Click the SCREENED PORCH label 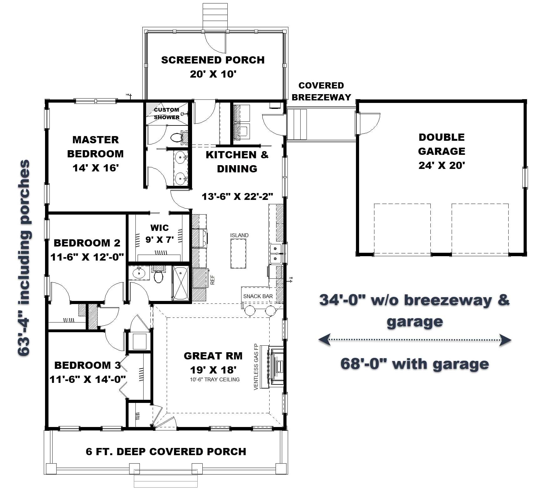click(213, 60)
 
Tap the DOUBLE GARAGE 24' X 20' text click(441, 151)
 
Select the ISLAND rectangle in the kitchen click(238, 253)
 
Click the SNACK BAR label click(258, 296)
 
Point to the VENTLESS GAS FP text click(256, 367)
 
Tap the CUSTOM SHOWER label click(166, 114)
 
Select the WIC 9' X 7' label click(160, 234)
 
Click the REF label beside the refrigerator click(212, 280)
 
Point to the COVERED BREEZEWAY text click(321, 91)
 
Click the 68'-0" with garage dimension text click(414, 364)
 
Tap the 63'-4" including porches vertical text click(24, 258)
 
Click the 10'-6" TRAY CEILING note click(215, 379)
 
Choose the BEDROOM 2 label click(87, 243)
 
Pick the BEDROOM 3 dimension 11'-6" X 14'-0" click(88, 379)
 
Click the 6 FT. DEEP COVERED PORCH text click(166, 452)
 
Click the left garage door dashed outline click(402, 230)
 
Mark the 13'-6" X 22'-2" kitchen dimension click(237, 196)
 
